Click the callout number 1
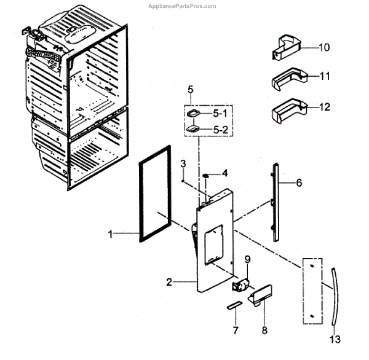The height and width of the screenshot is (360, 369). pyautogui.click(x=111, y=234)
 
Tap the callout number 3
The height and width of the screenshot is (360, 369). pyautogui.click(x=183, y=163)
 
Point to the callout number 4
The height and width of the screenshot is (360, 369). pyautogui.click(x=225, y=174)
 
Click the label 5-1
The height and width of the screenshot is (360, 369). pyautogui.click(x=220, y=114)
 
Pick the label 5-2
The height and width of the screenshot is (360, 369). pyautogui.click(x=220, y=131)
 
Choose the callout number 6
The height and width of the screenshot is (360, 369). pyautogui.click(x=298, y=182)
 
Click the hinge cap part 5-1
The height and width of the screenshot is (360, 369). pyautogui.click(x=194, y=114)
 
